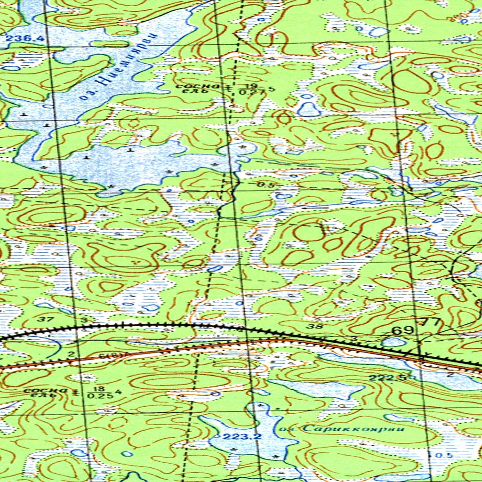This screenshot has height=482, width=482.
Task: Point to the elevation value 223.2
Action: coord(242,437)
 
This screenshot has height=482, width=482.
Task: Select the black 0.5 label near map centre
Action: coord(265,185)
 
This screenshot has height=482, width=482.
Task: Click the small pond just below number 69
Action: coord(394,342)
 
